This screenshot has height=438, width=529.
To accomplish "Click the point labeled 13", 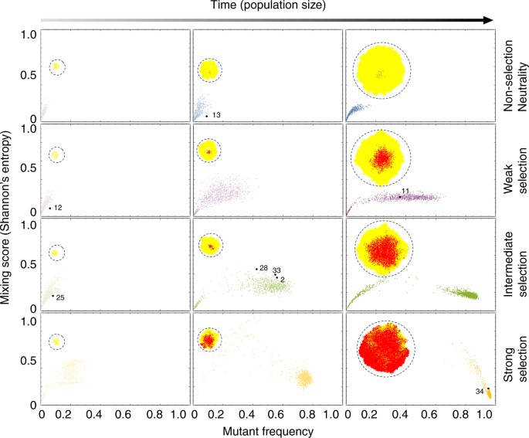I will click(206, 116).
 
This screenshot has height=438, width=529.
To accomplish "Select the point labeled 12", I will click(50, 208).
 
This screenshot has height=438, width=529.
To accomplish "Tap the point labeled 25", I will click(53, 296).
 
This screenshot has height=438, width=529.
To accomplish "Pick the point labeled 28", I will click(256, 269).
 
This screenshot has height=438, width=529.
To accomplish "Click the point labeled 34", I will click(488, 389).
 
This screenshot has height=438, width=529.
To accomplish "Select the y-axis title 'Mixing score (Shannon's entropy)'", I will click(9, 217).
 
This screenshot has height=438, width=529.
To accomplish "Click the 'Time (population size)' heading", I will click(265, 6).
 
